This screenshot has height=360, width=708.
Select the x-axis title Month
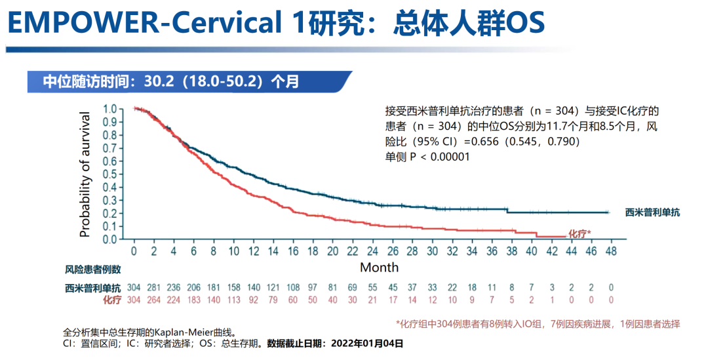tap(379, 267)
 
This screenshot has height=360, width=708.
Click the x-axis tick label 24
tap(372, 251)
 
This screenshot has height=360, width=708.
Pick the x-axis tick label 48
tap(611, 251)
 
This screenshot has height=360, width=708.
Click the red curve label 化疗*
tap(579, 233)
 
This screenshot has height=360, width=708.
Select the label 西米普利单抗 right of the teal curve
tap(652, 212)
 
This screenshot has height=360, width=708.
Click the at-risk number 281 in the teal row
tap(153, 288)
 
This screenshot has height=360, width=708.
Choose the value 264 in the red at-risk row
tap(153, 300)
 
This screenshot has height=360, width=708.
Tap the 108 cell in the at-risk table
tap(292, 288)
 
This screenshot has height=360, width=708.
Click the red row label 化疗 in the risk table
tap(112, 300)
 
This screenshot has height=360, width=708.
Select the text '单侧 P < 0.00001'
tap(427, 157)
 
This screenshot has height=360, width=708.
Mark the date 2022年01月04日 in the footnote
tap(367, 343)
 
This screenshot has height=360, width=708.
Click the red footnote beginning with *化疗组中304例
tap(538, 324)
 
